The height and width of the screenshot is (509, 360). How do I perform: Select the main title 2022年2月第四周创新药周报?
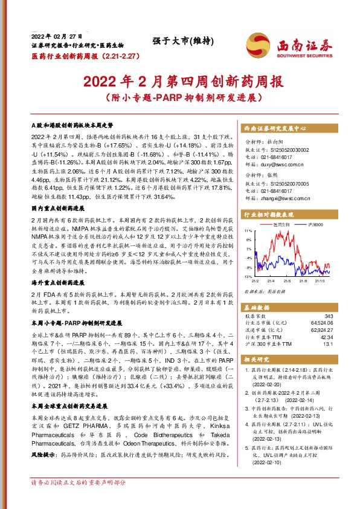181,80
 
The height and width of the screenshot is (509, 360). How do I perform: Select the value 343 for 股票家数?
329,316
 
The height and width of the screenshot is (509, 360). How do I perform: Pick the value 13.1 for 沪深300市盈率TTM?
328,345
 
